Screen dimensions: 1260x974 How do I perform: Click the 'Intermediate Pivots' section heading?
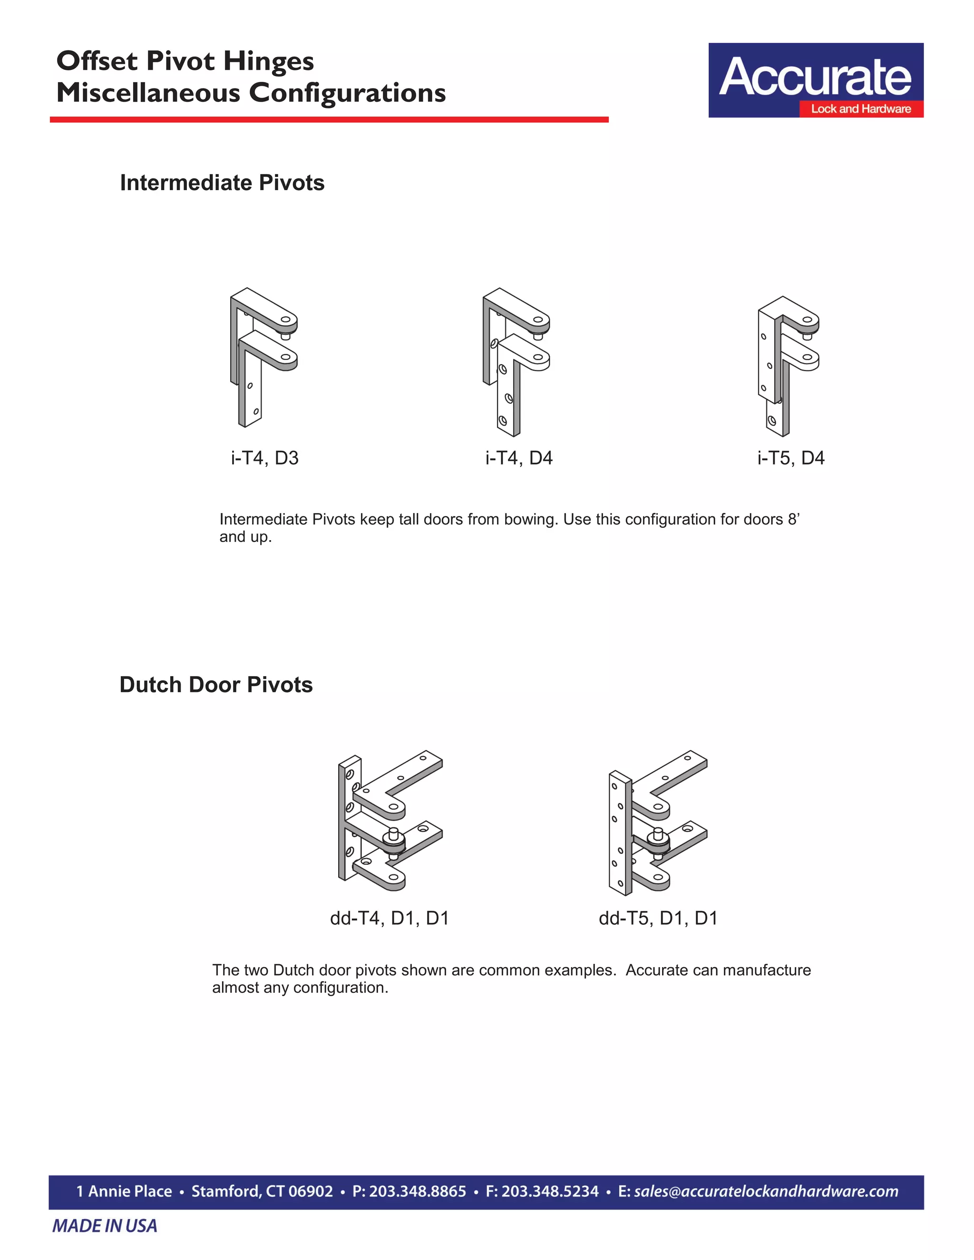tap(222, 183)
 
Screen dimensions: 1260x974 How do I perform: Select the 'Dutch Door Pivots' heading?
tap(216, 685)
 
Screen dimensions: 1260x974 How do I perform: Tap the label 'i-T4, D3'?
tap(265, 458)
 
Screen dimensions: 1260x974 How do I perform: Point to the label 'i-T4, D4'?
tap(519, 458)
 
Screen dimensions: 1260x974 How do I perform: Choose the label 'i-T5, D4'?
tap(790, 458)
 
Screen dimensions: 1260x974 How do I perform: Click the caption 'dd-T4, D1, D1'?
tap(390, 918)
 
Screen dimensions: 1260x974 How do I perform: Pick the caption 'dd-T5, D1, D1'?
tap(658, 918)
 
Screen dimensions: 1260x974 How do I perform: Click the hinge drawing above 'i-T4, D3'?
tap(263, 358)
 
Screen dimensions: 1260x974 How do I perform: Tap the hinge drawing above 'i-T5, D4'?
tap(788, 366)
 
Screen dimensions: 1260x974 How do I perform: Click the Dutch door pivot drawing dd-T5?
tap(658, 822)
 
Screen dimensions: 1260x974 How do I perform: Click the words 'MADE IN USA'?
tap(105, 1226)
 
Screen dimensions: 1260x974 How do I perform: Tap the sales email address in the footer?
tap(766, 1192)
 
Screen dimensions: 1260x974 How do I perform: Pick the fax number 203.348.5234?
tap(550, 1192)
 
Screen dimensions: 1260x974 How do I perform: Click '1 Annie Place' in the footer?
tap(124, 1192)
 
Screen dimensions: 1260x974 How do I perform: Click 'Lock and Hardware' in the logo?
tap(861, 109)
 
